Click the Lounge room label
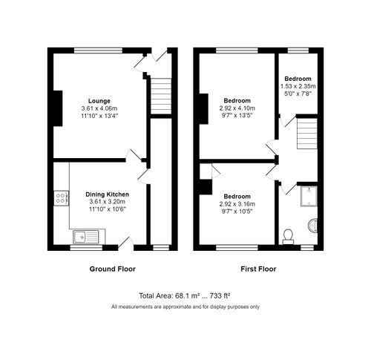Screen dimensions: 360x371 click(x=99, y=100)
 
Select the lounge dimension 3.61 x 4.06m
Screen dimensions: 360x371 click(x=99, y=108)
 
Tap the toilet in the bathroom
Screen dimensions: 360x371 click(x=289, y=235)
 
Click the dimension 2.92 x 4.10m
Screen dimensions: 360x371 click(x=237, y=108)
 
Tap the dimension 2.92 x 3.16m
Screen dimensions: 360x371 click(x=238, y=204)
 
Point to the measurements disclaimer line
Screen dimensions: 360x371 click(x=185, y=307)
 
